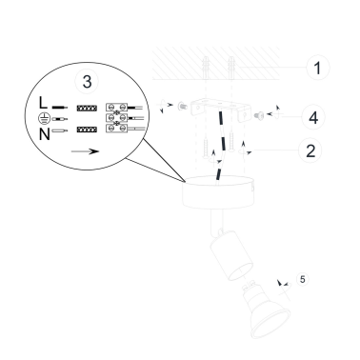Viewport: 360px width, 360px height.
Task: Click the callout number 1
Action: point(317,68)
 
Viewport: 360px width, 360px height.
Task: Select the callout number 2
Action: point(310,150)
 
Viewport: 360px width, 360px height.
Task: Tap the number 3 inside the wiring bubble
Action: point(87,81)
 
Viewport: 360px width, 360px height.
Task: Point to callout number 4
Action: point(313,117)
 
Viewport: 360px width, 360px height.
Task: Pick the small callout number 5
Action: point(302,279)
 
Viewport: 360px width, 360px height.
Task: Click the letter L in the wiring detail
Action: point(43,103)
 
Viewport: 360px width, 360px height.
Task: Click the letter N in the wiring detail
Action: point(45,134)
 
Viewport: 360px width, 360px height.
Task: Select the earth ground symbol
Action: point(44,118)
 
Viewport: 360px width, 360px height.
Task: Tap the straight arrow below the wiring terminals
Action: point(85,151)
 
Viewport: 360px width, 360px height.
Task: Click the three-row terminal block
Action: point(116,118)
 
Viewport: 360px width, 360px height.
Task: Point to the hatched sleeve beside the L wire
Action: point(87,109)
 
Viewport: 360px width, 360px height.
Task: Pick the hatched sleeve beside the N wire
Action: point(87,130)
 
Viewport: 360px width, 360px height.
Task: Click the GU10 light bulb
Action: point(266,309)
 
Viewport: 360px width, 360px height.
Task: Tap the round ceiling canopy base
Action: point(218,192)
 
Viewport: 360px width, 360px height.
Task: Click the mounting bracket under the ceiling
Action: point(220,110)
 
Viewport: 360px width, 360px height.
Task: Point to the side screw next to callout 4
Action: point(259,116)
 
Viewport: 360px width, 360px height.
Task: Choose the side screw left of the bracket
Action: point(183,106)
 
